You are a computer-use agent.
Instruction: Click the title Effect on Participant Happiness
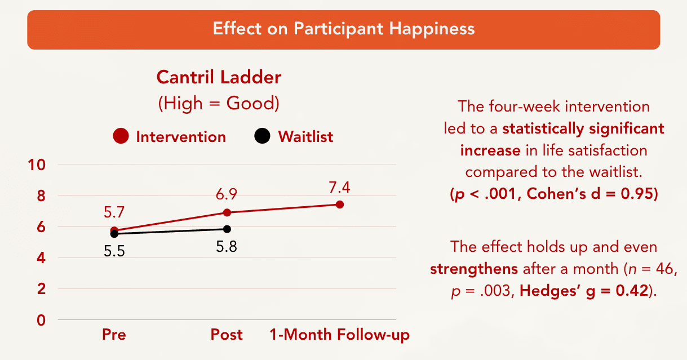click(343, 29)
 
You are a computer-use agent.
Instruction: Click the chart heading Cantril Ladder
click(219, 77)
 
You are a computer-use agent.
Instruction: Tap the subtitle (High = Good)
click(219, 103)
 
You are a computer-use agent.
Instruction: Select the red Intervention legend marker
click(121, 136)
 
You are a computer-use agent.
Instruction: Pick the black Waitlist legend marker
click(262, 136)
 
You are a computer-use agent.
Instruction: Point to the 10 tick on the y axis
click(41, 165)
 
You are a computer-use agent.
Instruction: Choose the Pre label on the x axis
click(114, 335)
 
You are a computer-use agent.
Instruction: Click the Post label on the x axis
click(227, 335)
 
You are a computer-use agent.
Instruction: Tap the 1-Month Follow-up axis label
click(339, 335)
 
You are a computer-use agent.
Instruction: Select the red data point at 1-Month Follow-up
click(340, 205)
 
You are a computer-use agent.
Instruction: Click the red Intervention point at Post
click(227, 212)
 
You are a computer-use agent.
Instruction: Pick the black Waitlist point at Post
click(227, 229)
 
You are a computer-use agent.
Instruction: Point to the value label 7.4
click(340, 186)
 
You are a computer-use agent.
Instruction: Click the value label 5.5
click(114, 251)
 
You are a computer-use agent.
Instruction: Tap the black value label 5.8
click(227, 247)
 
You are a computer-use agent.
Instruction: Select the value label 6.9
click(227, 194)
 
